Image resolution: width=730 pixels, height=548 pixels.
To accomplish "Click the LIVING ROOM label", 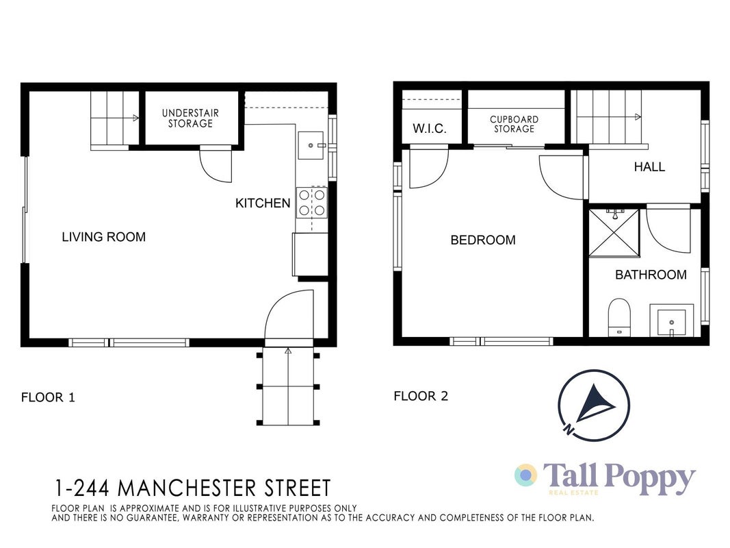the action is click(x=104, y=237).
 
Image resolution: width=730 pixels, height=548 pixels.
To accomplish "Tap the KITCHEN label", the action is click(x=263, y=203).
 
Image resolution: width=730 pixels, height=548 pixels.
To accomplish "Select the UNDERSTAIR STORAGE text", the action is click(x=190, y=119).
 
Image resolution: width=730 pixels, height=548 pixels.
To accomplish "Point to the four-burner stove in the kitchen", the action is click(x=312, y=203).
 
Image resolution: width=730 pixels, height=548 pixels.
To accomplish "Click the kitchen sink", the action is click(x=311, y=145).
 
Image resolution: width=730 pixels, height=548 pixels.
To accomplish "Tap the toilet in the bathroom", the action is click(x=619, y=318).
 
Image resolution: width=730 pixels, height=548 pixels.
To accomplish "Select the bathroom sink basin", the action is click(x=671, y=323).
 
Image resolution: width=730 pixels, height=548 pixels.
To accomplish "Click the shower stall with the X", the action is click(x=614, y=232).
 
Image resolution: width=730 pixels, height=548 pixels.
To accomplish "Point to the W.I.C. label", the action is click(x=429, y=129).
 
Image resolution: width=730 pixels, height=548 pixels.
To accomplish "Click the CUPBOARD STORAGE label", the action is click(x=514, y=124).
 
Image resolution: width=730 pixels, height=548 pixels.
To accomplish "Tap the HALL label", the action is click(x=649, y=167).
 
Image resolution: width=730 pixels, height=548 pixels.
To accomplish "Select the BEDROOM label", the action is click(x=483, y=240).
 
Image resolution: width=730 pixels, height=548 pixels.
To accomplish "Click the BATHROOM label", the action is click(x=651, y=275).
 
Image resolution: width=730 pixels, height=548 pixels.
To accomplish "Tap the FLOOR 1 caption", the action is click(x=48, y=397).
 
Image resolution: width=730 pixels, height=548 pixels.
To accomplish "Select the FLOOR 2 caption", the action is click(x=421, y=396).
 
